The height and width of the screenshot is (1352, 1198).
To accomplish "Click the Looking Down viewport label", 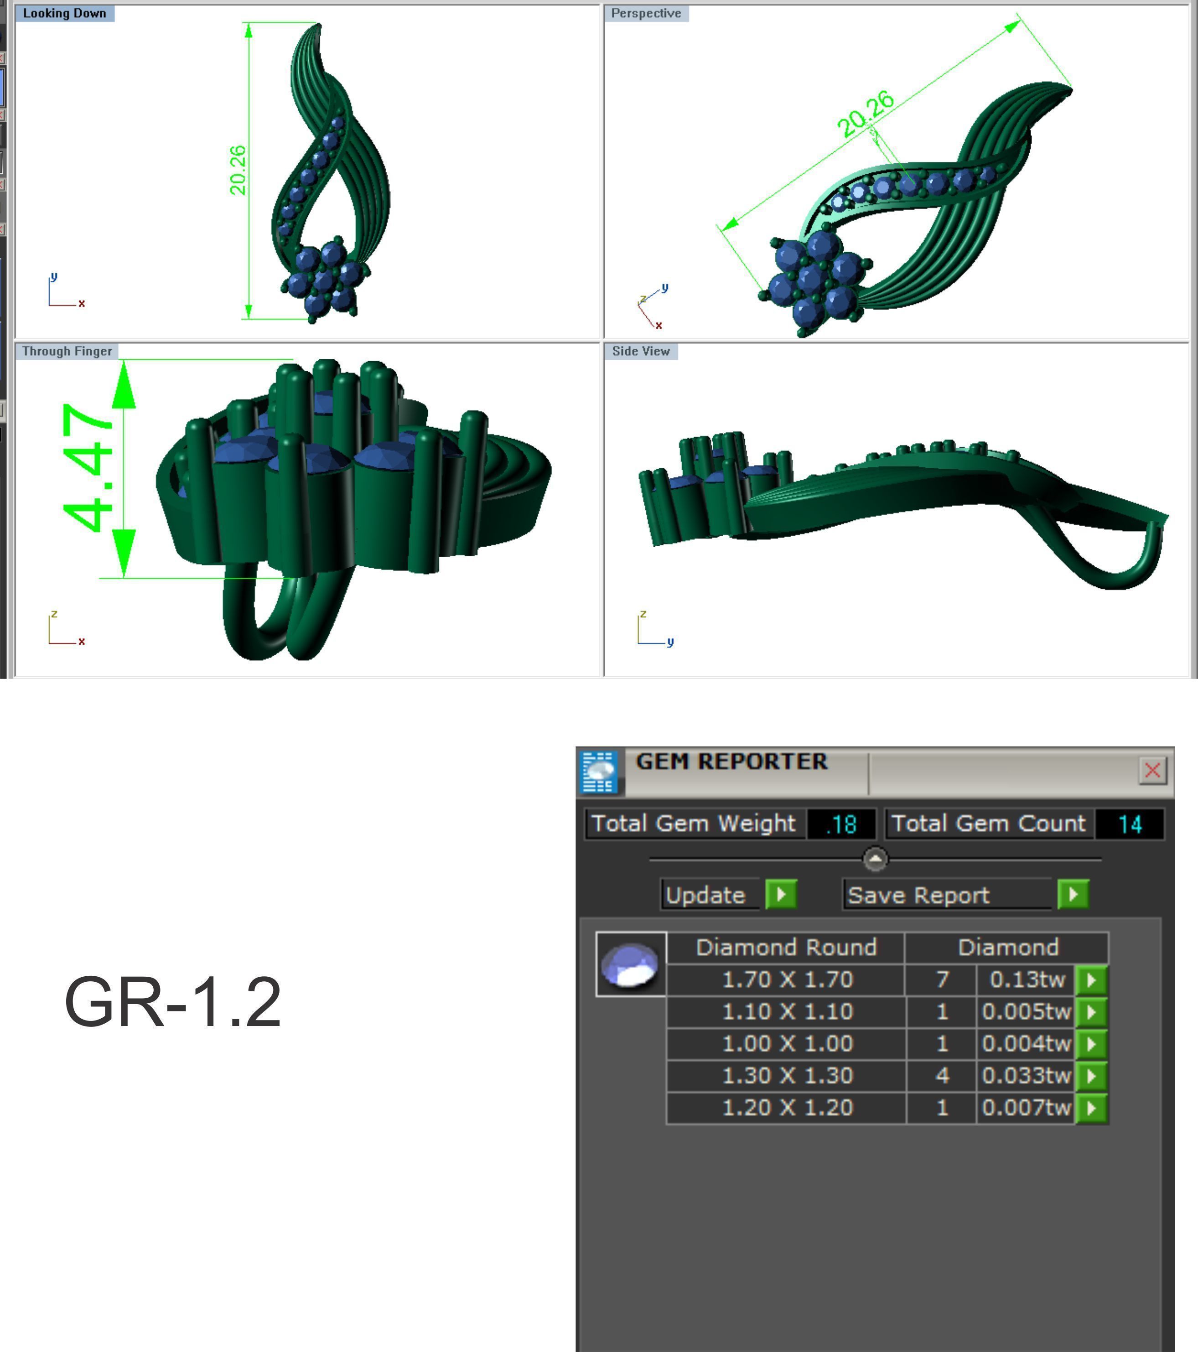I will click(x=64, y=13).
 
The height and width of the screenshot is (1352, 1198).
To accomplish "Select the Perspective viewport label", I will click(x=646, y=13).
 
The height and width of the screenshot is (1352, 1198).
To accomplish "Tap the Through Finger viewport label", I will click(x=67, y=351).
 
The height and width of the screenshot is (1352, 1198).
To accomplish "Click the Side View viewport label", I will click(x=640, y=351).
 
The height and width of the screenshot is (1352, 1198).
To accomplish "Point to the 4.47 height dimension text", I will click(x=88, y=468).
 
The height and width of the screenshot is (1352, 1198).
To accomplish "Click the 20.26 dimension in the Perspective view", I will click(x=865, y=114).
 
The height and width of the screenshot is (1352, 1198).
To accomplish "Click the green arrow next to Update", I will click(x=781, y=894).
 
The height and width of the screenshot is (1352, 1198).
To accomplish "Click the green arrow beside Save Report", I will click(x=1072, y=894).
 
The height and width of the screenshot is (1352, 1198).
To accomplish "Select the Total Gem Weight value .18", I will click(x=841, y=824).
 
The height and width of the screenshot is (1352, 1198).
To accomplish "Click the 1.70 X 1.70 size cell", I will click(x=787, y=979).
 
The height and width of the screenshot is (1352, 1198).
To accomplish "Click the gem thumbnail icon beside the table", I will click(x=630, y=964).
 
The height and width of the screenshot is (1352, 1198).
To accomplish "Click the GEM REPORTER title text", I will click(x=731, y=761).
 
